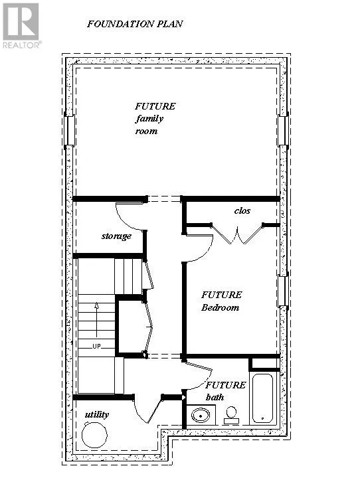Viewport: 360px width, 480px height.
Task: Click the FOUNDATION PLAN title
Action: click(x=135, y=24)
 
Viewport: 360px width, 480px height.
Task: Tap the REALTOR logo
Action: click(x=21, y=25)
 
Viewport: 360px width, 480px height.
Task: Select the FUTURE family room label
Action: click(x=154, y=118)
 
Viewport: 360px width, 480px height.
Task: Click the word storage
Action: click(x=116, y=236)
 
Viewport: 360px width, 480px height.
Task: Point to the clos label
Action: click(x=242, y=210)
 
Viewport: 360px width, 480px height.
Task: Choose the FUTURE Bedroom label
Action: click(x=221, y=301)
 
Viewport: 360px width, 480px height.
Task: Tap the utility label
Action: click(x=97, y=415)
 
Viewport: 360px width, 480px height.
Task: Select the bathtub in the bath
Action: click(x=263, y=398)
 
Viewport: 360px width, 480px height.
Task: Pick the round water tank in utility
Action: click(x=94, y=437)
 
